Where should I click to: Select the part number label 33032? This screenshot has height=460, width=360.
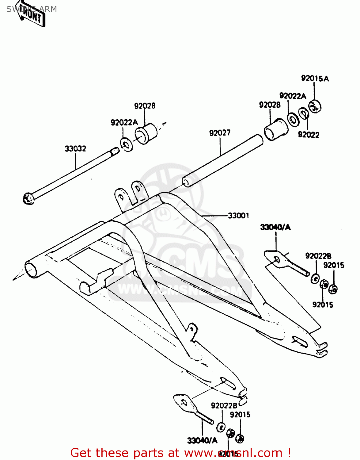(x=75, y=149)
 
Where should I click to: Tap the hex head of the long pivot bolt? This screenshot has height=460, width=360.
(x=28, y=199)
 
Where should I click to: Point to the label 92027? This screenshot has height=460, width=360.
(x=220, y=133)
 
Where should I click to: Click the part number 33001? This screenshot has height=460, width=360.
(x=239, y=216)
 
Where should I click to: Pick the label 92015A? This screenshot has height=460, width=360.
(x=315, y=79)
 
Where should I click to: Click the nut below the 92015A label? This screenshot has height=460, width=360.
(x=314, y=106)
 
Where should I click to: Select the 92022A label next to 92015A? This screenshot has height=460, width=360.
(x=293, y=96)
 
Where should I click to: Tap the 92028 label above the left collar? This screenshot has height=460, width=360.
(x=145, y=106)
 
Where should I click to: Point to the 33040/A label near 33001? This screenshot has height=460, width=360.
(x=275, y=227)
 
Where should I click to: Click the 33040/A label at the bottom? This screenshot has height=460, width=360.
(x=202, y=441)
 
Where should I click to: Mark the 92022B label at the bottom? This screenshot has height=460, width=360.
(x=224, y=406)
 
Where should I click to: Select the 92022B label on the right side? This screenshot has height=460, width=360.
(x=318, y=256)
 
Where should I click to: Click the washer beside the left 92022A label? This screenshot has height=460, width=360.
(x=126, y=144)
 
